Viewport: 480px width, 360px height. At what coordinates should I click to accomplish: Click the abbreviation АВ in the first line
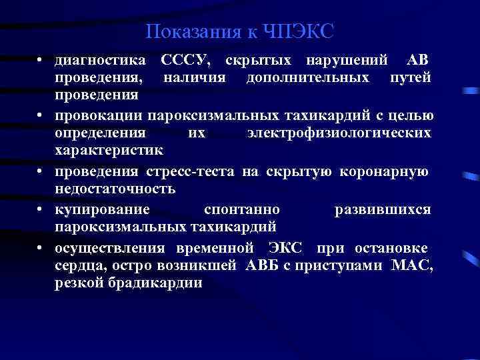[417, 61]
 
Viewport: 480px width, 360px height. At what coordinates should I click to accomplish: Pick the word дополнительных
[308, 79]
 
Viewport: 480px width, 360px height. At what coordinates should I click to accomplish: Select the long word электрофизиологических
[339, 134]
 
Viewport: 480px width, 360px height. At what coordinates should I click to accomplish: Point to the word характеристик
[99, 152]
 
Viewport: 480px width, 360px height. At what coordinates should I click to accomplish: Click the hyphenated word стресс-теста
[196, 172]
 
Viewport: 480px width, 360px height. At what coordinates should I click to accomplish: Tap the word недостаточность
[115, 189]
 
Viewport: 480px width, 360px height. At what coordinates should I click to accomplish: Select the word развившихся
[382, 209]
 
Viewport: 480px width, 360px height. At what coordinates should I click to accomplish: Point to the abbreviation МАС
[412, 266]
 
